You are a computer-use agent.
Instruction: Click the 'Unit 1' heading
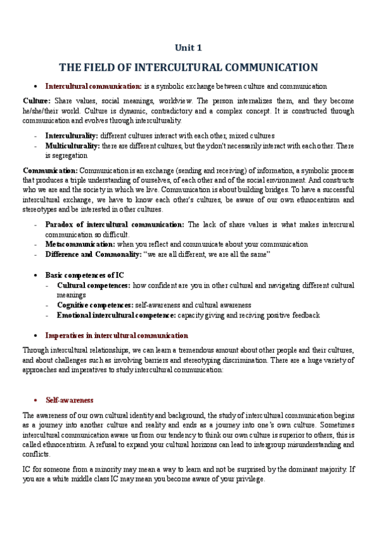coord(188,47)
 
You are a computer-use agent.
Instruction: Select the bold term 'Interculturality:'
coord(72,135)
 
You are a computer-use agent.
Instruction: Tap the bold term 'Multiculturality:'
coord(72,145)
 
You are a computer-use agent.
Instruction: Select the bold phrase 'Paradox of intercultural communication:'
coord(115,224)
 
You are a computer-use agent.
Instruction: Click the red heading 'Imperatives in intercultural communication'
coord(116,336)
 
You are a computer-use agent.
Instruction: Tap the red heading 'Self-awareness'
coord(69,401)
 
